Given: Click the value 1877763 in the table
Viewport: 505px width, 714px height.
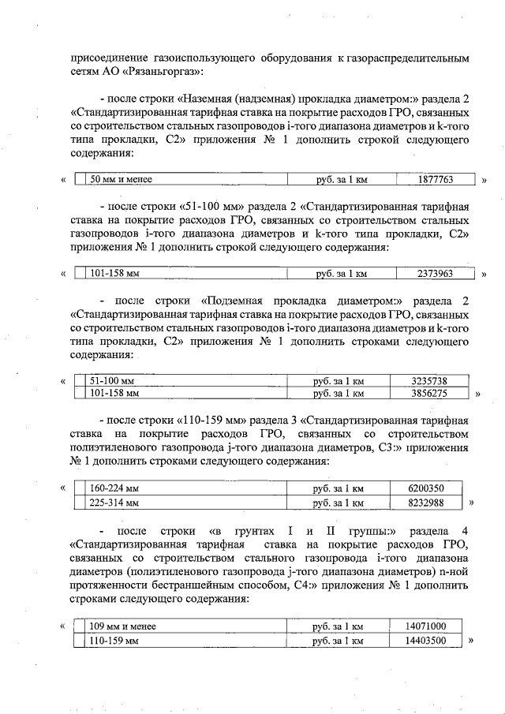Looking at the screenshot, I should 435,180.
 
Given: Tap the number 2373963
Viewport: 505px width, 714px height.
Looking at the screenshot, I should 435,275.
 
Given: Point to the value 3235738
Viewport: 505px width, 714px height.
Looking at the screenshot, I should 429,380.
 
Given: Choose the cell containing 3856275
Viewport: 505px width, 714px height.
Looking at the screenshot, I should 429,392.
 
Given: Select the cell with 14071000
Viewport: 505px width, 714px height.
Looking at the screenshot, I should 425,626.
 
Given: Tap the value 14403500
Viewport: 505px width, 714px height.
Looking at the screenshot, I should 425,641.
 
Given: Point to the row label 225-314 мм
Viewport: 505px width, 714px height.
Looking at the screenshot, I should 115,502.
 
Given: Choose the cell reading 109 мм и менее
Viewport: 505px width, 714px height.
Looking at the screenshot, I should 123,626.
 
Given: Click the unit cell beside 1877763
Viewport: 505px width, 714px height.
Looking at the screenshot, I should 342,180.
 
